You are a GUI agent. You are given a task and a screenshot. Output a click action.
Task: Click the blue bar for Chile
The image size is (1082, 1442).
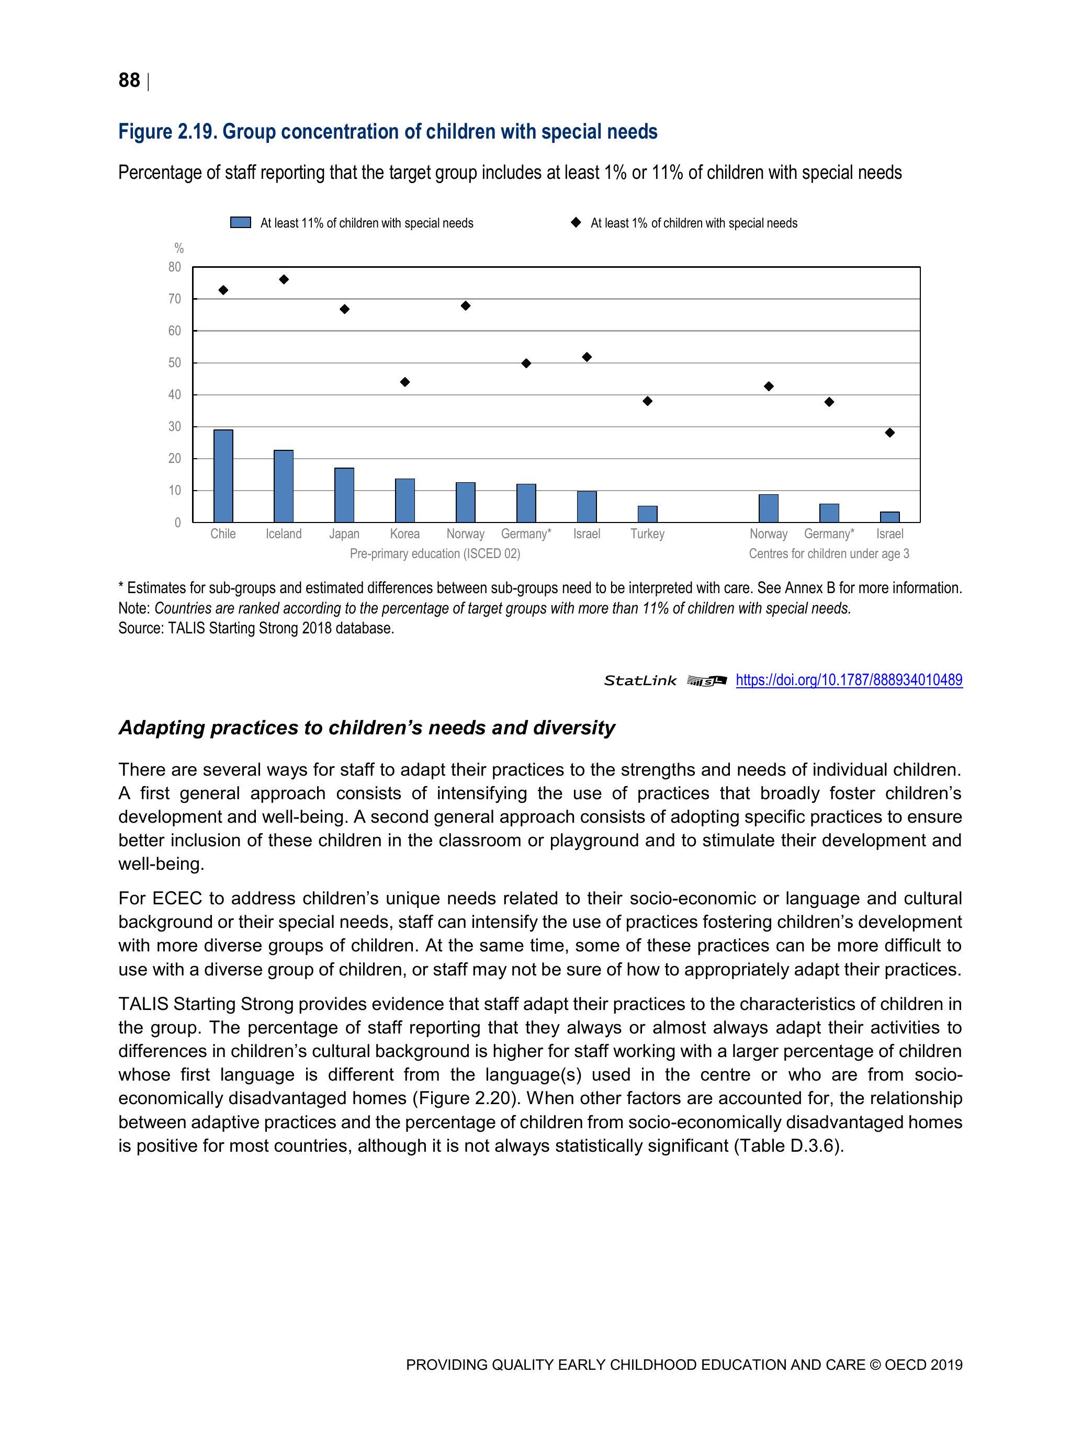(223, 475)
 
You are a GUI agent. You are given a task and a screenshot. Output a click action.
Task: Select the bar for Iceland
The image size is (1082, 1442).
(284, 486)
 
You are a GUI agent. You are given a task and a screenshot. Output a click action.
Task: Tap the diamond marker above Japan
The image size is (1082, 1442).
(344, 309)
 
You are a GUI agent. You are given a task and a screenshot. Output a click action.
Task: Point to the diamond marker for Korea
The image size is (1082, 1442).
(405, 382)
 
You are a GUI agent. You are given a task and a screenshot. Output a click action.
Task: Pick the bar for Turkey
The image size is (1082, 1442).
(647, 514)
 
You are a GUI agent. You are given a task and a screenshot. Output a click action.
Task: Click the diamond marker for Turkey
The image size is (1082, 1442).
(647, 401)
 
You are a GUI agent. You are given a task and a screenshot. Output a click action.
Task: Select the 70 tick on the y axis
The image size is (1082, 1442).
(175, 299)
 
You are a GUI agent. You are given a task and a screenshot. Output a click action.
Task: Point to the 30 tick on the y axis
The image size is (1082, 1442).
(175, 427)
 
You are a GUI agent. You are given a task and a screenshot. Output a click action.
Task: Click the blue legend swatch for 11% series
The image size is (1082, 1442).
(241, 223)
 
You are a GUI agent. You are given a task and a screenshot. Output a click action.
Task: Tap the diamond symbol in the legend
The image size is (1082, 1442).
(575, 222)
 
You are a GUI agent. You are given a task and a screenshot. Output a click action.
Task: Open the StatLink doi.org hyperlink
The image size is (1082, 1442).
(849, 680)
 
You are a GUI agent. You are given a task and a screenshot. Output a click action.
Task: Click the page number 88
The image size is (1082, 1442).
(129, 80)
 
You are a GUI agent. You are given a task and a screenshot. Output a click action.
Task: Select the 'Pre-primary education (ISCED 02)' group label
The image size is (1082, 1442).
(435, 553)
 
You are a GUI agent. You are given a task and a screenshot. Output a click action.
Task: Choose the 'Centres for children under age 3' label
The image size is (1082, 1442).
(828, 553)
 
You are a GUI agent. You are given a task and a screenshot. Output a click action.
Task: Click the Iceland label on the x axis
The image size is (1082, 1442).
(284, 534)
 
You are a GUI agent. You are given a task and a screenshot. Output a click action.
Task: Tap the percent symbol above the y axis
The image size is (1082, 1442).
(179, 248)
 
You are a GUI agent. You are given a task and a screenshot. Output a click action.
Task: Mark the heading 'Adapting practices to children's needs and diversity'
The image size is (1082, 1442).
(367, 728)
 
